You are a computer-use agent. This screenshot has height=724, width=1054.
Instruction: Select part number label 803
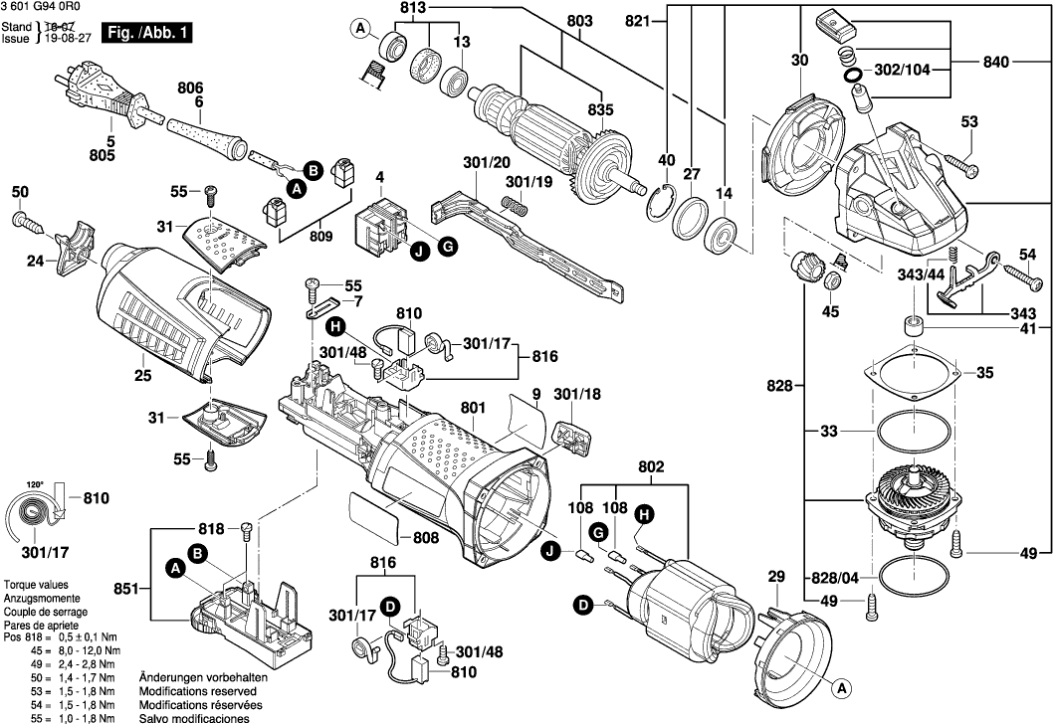click(578, 21)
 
